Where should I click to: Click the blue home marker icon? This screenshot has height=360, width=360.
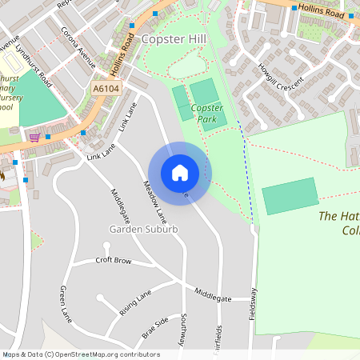pyautogui.click(x=179, y=173)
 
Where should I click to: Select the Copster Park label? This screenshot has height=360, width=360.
pyautogui.click(x=206, y=114)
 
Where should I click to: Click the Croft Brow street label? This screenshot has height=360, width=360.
pyautogui.click(x=113, y=260)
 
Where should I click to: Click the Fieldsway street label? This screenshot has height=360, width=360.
pyautogui.click(x=254, y=305)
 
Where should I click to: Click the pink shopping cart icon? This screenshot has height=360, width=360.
pyautogui.click(x=34, y=137)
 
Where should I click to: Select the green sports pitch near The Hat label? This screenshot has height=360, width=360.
pyautogui.click(x=290, y=196)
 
